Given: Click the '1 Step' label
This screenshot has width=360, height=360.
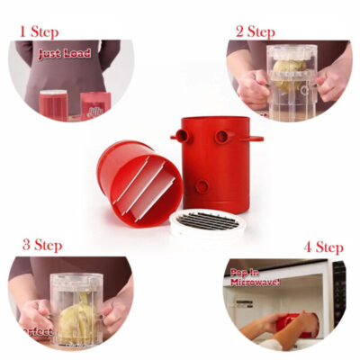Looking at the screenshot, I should point(39,31).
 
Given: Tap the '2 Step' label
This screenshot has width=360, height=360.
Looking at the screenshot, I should point(254,31).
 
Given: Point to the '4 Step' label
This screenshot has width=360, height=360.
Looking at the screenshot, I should point(322,247).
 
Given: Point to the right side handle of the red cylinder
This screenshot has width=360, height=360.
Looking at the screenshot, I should point(254,139).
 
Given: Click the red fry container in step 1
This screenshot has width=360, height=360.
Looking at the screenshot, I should point(53,105).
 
